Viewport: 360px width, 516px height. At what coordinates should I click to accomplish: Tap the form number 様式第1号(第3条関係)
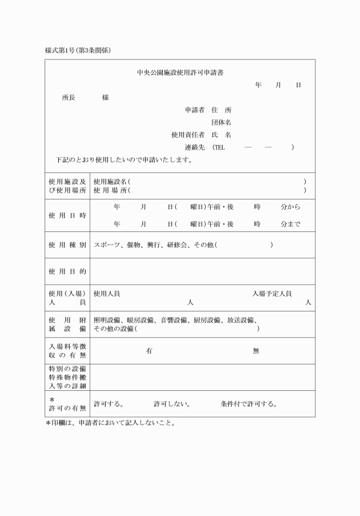[78, 50]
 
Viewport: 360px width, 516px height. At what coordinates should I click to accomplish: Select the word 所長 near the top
[69, 97]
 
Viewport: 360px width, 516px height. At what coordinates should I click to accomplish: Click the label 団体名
[221, 122]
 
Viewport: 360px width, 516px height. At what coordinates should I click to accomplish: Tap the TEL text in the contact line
[219, 147]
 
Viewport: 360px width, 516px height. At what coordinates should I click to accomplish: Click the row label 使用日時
[67, 216]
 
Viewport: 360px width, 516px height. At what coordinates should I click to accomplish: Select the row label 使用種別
[67, 245]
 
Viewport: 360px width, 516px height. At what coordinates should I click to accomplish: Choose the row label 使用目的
[67, 271]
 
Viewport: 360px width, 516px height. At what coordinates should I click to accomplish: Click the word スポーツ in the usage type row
[107, 245]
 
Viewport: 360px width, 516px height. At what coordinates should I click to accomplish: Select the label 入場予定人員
[272, 294]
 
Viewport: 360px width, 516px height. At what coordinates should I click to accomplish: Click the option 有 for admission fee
[149, 351]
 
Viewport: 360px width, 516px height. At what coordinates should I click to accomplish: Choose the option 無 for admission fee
[256, 351]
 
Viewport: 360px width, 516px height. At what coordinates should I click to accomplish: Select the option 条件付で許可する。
[249, 404]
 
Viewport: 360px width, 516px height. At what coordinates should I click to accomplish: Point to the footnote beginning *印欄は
[110, 423]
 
